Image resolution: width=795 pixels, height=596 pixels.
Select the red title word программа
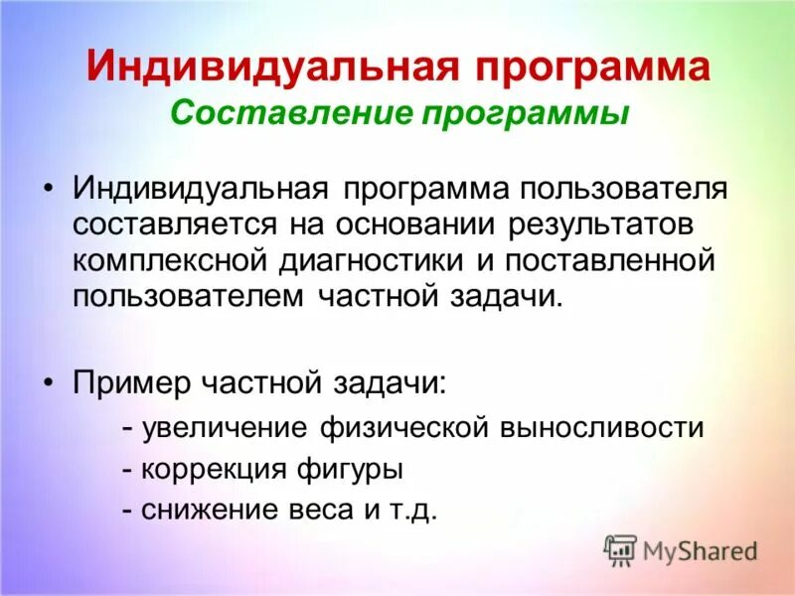click(x=588, y=68)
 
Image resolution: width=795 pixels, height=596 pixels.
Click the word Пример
click(x=129, y=381)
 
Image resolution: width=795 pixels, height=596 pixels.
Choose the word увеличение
click(x=225, y=428)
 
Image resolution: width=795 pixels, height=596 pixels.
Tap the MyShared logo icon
click(x=620, y=549)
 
